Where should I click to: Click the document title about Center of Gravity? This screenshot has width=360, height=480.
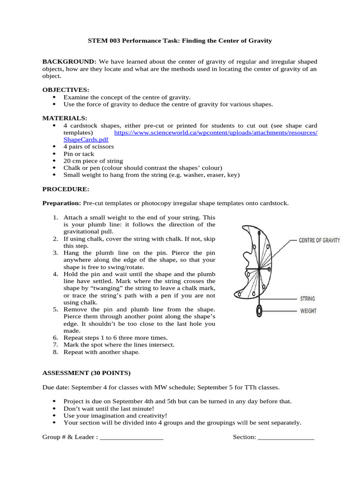(180, 41)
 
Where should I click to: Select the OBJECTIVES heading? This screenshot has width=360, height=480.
(66, 90)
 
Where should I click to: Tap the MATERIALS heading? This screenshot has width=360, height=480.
(65, 118)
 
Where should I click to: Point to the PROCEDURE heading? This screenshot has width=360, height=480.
(66, 189)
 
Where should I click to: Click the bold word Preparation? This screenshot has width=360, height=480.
(62, 203)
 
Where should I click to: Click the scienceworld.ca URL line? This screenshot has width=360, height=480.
(216, 133)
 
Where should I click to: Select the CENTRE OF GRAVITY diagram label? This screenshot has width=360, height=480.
(319, 240)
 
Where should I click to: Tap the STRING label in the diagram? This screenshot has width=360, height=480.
(307, 299)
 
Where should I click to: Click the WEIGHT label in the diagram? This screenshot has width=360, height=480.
(308, 311)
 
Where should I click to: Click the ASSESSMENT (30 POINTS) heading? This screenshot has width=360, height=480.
(87, 373)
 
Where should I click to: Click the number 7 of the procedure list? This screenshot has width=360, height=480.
(55, 345)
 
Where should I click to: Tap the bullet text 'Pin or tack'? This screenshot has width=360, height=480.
(79, 154)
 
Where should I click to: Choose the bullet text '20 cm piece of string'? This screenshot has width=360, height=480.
(93, 161)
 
